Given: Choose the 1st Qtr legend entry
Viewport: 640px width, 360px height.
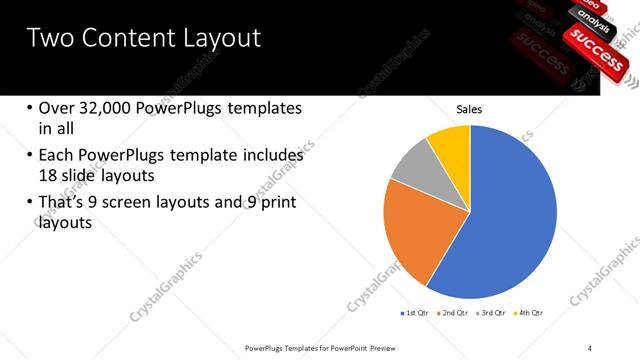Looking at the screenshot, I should [413, 313].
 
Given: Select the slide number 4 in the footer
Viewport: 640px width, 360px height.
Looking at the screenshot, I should [590, 347].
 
